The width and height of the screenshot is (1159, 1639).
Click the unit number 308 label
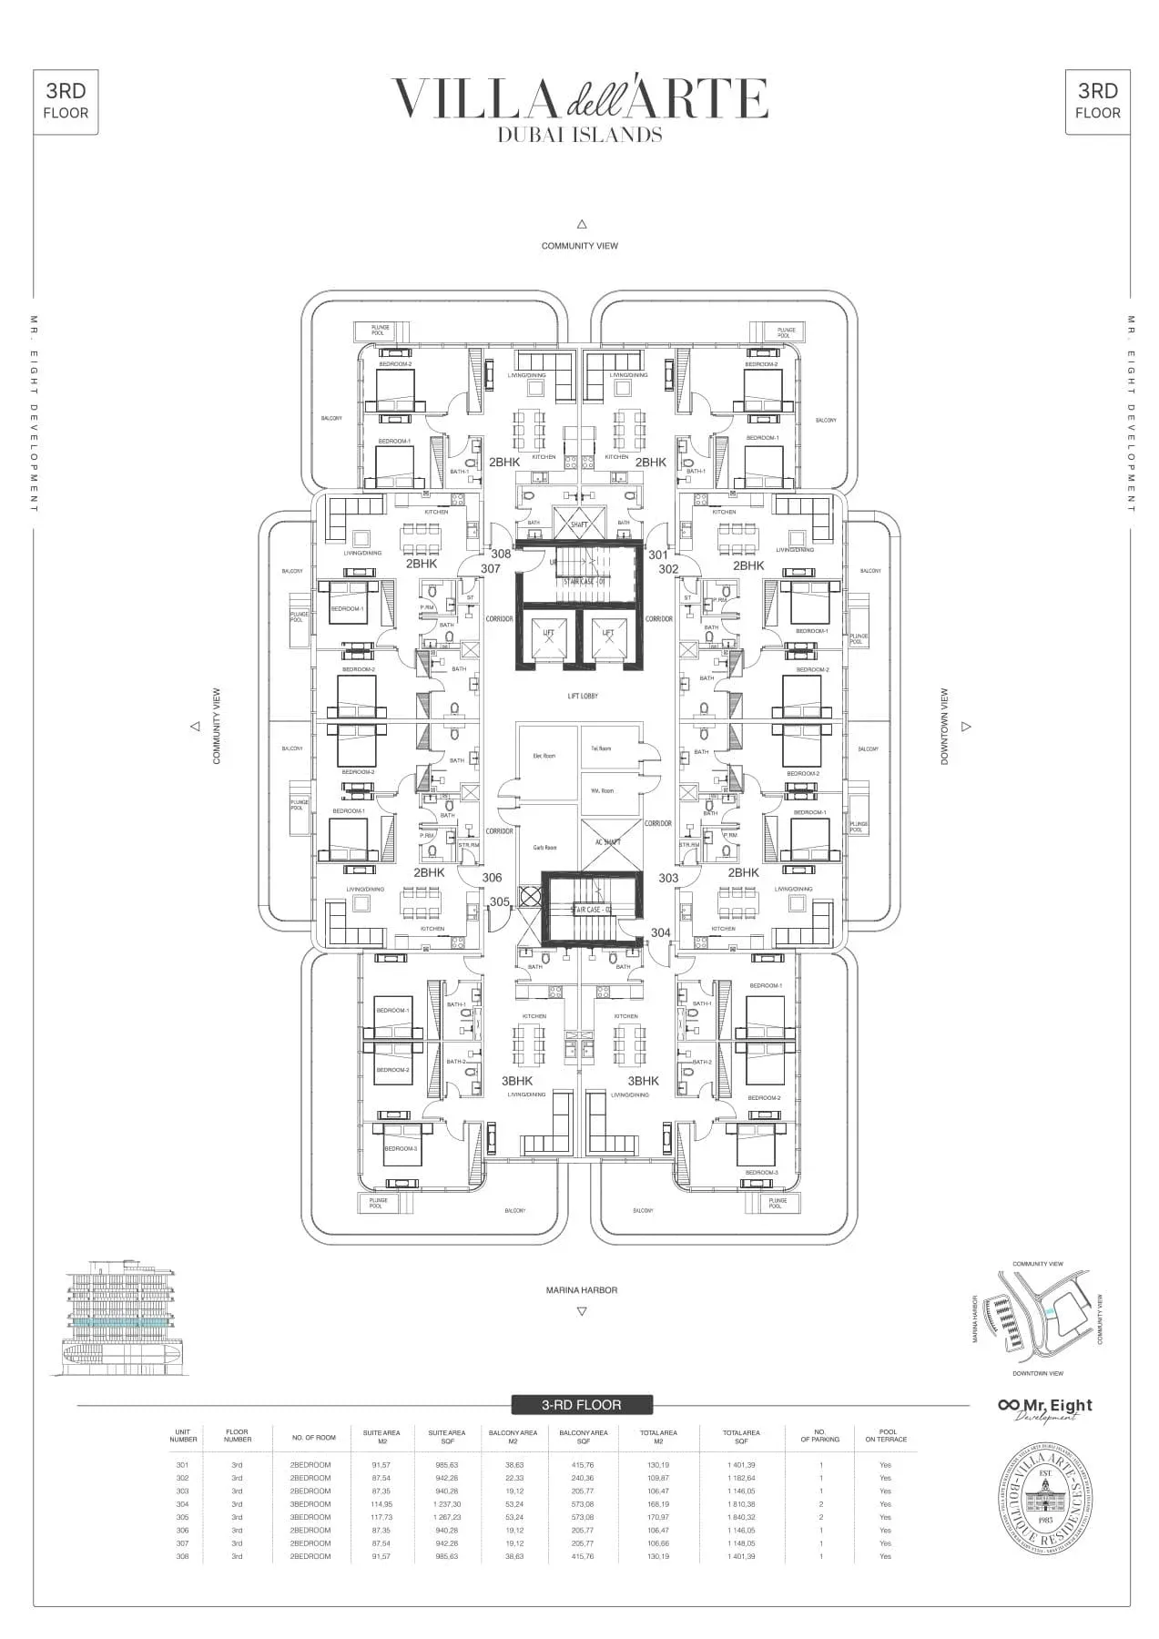click(501, 554)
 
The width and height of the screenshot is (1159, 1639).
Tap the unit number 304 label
click(660, 932)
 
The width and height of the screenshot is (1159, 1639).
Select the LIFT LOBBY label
click(582, 696)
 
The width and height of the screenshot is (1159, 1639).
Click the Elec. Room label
click(544, 756)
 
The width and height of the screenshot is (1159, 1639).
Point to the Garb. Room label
click(544, 848)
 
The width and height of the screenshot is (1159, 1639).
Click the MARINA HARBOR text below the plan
click(581, 1290)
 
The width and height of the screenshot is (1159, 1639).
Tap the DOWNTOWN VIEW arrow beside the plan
click(966, 727)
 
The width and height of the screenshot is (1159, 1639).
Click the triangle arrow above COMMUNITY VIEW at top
click(581, 224)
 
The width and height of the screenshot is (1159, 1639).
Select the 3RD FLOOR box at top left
click(66, 101)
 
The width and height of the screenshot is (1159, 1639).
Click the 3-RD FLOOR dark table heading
click(581, 1405)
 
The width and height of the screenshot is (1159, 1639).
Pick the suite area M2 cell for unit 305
click(381, 1517)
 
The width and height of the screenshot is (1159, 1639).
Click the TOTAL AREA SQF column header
click(740, 1437)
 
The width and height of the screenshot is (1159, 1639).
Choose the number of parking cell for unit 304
click(820, 1504)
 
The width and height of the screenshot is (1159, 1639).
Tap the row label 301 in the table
click(183, 1465)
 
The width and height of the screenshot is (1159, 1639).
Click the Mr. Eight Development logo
click(1045, 1408)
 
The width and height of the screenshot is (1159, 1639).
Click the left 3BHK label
click(517, 1081)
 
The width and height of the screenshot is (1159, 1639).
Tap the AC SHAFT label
click(607, 842)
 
